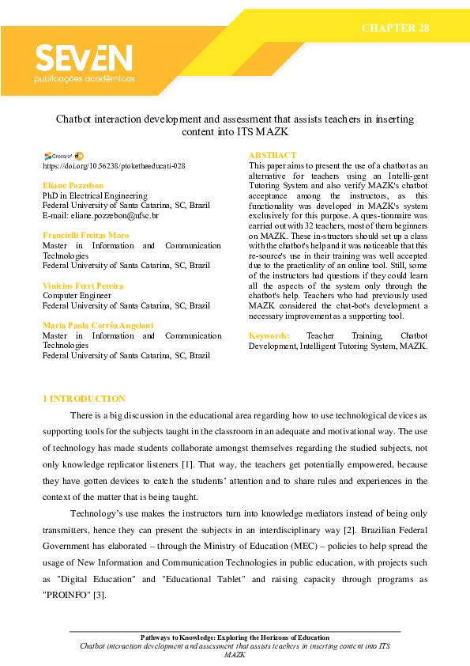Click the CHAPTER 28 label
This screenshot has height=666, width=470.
395,28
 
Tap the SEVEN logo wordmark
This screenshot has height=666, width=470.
84,59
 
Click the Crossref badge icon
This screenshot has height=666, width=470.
58,156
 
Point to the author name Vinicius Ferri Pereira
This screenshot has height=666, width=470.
83,286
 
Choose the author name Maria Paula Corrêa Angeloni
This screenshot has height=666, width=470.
97,326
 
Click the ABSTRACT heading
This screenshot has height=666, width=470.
273,155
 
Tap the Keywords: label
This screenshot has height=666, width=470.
269,336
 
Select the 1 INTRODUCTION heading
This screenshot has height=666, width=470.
84,399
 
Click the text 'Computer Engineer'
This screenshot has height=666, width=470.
77,295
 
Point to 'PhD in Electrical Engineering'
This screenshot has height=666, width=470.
94,195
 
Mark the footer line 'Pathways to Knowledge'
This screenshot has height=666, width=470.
235,638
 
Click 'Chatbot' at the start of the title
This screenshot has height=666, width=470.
73,119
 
